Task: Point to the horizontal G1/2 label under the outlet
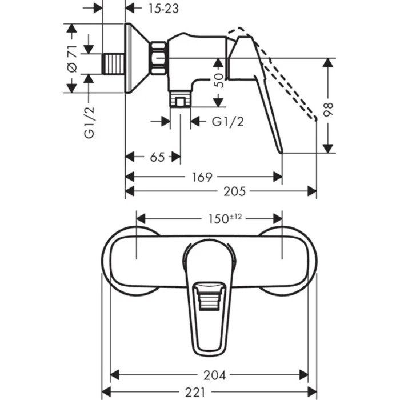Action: pyautogui.click(x=228, y=121)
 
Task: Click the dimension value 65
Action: pyautogui.click(x=153, y=157)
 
